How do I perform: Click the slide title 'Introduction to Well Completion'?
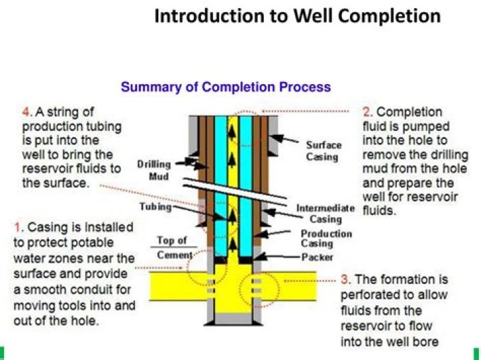tap(297, 17)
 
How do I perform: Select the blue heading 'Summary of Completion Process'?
tap(226, 87)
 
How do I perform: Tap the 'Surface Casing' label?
tap(323, 151)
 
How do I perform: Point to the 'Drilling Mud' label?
tap(154, 170)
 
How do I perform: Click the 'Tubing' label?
tap(156, 206)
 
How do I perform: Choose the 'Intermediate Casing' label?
tap(325, 214)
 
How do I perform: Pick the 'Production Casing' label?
tap(326, 238)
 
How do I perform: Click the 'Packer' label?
tap(317, 257)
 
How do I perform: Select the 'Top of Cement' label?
tap(174, 248)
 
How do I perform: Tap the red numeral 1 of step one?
tap(18, 228)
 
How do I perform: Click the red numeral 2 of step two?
tap(367, 112)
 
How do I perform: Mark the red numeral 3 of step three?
tap(345, 280)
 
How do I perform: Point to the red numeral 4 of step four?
tap(27, 112)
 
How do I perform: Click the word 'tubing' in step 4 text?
tap(104, 127)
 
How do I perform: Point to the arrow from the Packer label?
tap(277, 256)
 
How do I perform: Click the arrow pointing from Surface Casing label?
tap(285, 138)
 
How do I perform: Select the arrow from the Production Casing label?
tap(273, 234)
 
